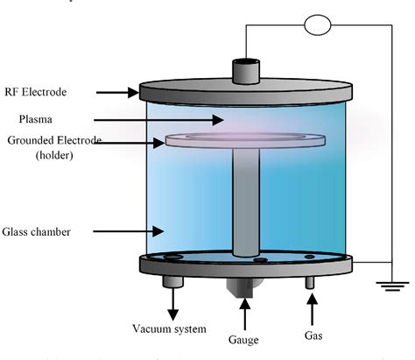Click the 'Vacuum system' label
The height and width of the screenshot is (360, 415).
[169, 329]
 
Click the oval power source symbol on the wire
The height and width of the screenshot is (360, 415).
[318, 25]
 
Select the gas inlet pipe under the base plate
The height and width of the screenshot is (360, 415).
[309, 283]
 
